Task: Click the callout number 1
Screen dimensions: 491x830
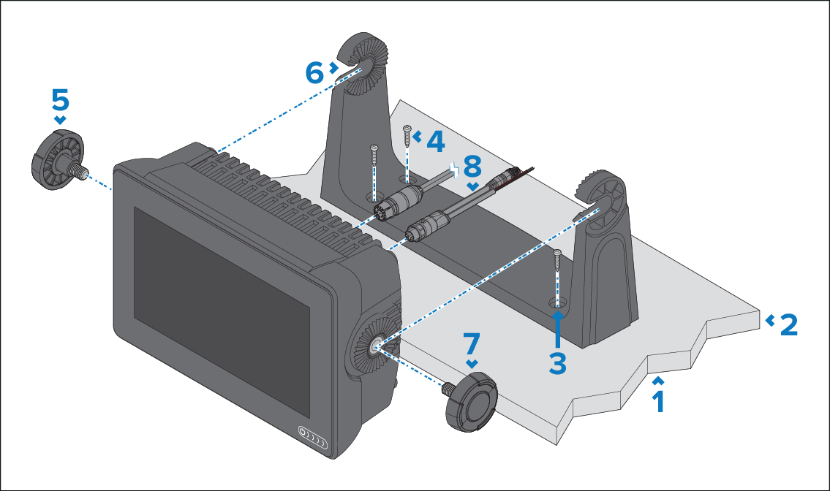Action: point(658,401)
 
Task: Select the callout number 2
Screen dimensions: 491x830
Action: point(788,324)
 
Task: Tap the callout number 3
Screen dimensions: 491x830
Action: point(557,363)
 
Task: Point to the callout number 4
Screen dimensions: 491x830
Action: point(434,141)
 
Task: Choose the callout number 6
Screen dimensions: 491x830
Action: point(314,72)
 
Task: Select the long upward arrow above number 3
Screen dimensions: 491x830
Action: point(557,329)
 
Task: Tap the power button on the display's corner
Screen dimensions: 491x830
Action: point(302,433)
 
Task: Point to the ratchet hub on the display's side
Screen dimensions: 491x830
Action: point(374,346)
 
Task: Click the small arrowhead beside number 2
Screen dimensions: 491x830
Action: point(769,320)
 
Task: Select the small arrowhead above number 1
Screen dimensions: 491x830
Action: point(658,380)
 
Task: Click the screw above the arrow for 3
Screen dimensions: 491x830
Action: point(557,259)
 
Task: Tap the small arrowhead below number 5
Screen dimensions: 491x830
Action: point(60,120)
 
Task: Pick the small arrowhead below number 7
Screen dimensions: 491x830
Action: point(472,363)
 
